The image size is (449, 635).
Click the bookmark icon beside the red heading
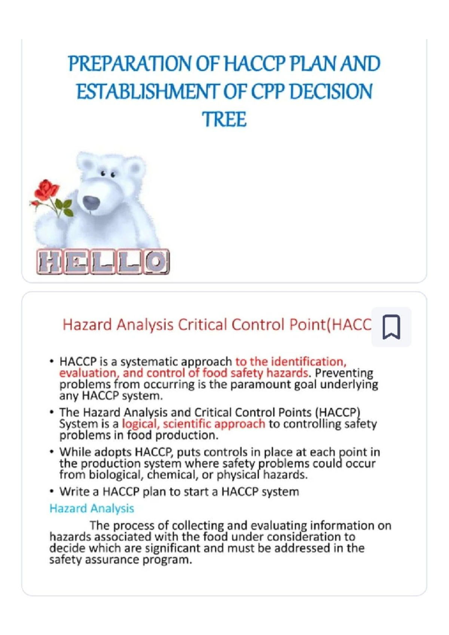pos(391,327)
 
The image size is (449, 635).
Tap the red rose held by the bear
pos(46,189)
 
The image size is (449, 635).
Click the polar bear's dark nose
pos(91,203)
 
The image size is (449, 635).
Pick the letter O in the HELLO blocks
pos(156,262)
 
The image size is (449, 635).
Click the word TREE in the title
pos(224,119)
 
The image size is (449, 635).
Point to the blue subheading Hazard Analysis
pos(92,508)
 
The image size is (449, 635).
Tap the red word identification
pos(307,362)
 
